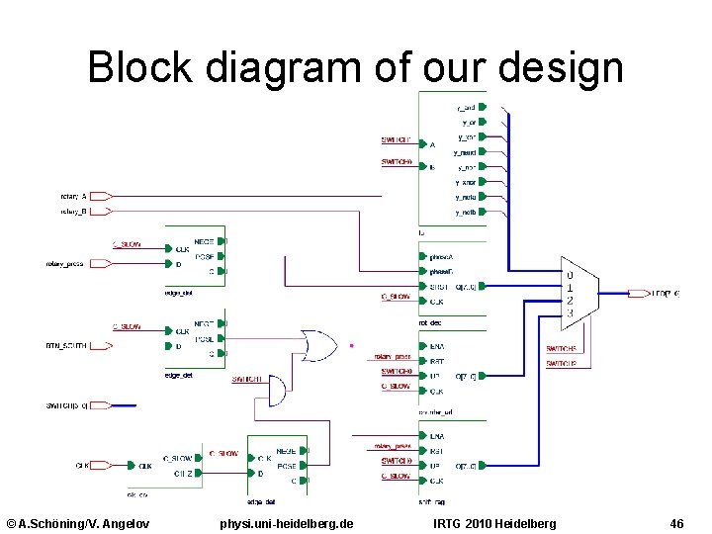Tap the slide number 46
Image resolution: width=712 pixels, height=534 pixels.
click(x=676, y=522)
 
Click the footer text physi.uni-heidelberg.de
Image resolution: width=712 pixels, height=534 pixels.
click(x=287, y=522)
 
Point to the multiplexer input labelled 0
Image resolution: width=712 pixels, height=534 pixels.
click(x=569, y=274)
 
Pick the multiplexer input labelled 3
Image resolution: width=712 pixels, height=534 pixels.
click(x=569, y=314)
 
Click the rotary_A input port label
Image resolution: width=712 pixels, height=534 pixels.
click(x=74, y=197)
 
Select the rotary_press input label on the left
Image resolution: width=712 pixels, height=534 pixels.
click(x=65, y=264)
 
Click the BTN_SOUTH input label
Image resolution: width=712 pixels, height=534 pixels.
click(x=66, y=346)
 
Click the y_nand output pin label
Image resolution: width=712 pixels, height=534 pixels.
click(x=464, y=153)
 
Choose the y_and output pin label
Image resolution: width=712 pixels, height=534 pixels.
click(x=466, y=107)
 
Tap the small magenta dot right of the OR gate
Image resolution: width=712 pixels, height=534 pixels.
click(x=351, y=346)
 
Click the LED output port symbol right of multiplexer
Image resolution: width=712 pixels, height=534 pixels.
click(x=637, y=294)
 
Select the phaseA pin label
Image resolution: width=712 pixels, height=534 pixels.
click(x=441, y=257)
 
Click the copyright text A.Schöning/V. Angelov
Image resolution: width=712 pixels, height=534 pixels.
click(x=78, y=522)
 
